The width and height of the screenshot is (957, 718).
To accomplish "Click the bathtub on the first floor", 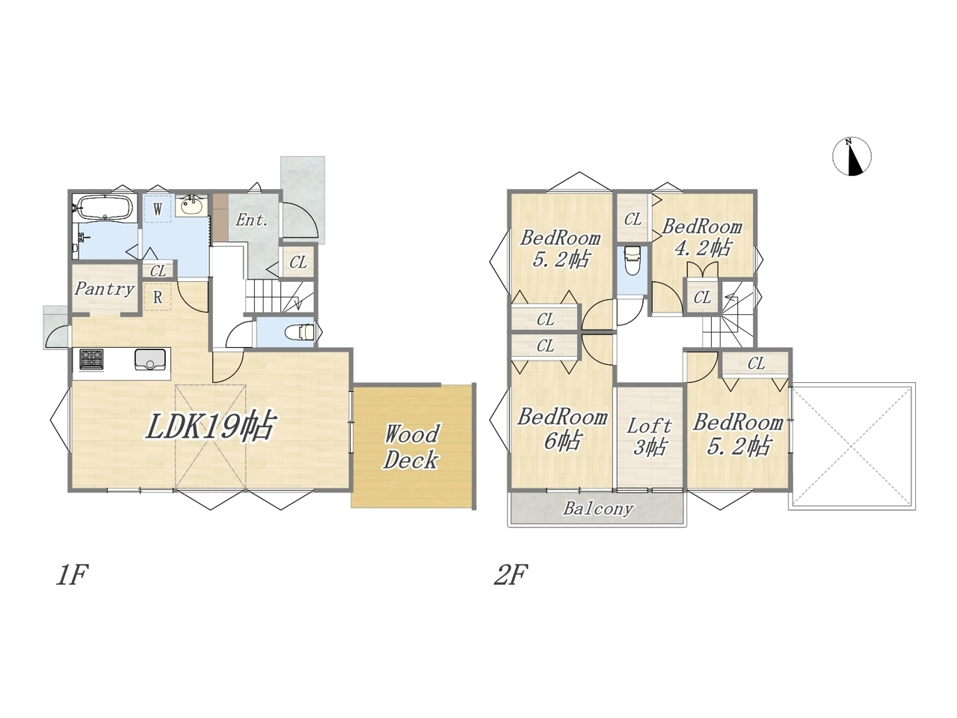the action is click(105, 207).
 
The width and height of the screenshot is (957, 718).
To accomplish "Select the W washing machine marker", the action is click(158, 209).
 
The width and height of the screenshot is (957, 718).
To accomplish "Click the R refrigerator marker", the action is click(158, 297).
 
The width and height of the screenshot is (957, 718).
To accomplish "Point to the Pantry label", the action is click(105, 289).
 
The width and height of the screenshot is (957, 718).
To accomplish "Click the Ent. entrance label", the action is click(251, 220).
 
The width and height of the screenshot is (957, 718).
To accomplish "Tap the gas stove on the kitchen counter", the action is click(91, 359).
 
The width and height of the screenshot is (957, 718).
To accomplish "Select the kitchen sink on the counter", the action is click(150, 359).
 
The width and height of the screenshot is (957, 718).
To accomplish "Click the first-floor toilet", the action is click(300, 333).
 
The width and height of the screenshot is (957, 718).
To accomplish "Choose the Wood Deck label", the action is click(410, 447).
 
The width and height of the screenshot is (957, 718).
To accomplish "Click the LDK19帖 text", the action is click(211, 426).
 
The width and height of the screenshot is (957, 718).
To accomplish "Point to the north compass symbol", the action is click(852, 156).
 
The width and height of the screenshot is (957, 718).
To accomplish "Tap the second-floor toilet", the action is click(632, 260).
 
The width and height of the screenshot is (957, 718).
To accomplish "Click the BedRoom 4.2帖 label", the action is click(701, 238).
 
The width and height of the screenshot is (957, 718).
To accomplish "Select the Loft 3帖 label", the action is click(649, 437).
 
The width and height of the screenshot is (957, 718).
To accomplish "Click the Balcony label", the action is click(597, 509).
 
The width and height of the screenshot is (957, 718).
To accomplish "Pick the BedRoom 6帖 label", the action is click(562, 429).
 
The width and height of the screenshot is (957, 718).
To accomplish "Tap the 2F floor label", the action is click(511, 574).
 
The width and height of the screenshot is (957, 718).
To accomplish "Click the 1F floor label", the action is click(73, 574).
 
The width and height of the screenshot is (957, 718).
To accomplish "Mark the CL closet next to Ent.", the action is click(298, 262).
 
